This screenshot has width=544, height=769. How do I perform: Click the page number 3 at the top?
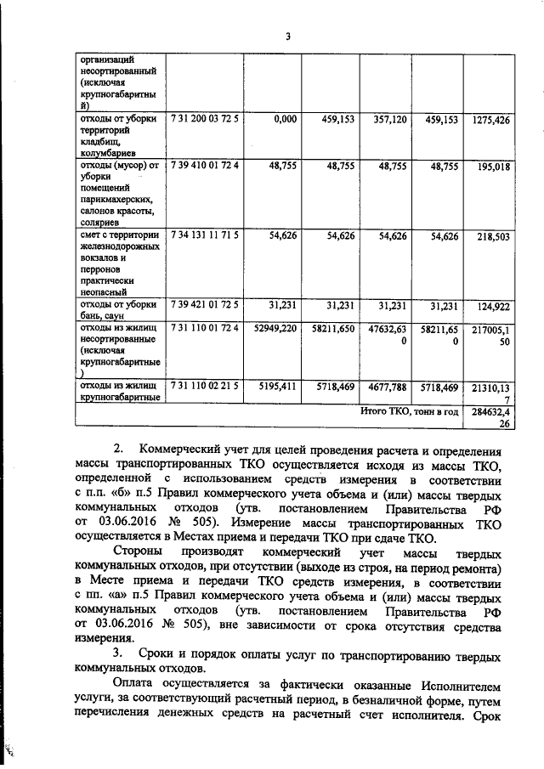[x=288, y=36]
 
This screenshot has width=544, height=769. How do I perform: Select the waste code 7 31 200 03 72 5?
[x=205, y=120]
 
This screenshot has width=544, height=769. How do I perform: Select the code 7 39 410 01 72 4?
[x=205, y=167]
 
